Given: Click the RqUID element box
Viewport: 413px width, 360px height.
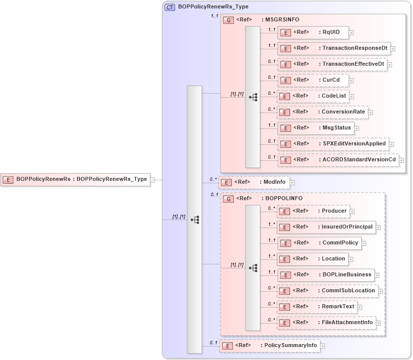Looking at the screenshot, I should click(312, 32).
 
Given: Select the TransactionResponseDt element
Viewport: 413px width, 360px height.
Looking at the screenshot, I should click(333, 48).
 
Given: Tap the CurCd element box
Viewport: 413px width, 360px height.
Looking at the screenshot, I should click(312, 80).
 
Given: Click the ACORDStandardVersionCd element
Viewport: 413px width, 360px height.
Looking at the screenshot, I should click(338, 160).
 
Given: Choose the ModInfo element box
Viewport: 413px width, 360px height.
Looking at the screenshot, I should click(254, 183).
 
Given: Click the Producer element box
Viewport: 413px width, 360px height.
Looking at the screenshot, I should click(312, 211).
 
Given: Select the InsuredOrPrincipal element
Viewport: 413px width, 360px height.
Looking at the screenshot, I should click(326, 227).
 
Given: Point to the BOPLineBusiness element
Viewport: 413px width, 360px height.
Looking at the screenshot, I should click(325, 275).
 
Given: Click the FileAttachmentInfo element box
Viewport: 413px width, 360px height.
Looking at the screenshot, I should click(326, 323).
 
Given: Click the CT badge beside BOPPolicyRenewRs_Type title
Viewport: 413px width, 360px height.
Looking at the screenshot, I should click(170, 7).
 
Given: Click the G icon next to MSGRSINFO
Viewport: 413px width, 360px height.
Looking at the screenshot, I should click(228, 20).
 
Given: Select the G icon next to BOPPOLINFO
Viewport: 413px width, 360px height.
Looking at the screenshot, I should click(228, 199).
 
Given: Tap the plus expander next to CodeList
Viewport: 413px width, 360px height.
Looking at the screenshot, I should click(351, 97).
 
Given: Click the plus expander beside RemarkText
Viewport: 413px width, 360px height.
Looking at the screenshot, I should click(360, 307).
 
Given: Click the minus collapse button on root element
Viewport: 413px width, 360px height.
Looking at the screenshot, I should click(153, 180).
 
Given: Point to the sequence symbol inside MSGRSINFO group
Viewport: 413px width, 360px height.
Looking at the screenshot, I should click(253, 97).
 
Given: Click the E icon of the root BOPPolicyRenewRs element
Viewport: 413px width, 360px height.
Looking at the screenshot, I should click(8, 179).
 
